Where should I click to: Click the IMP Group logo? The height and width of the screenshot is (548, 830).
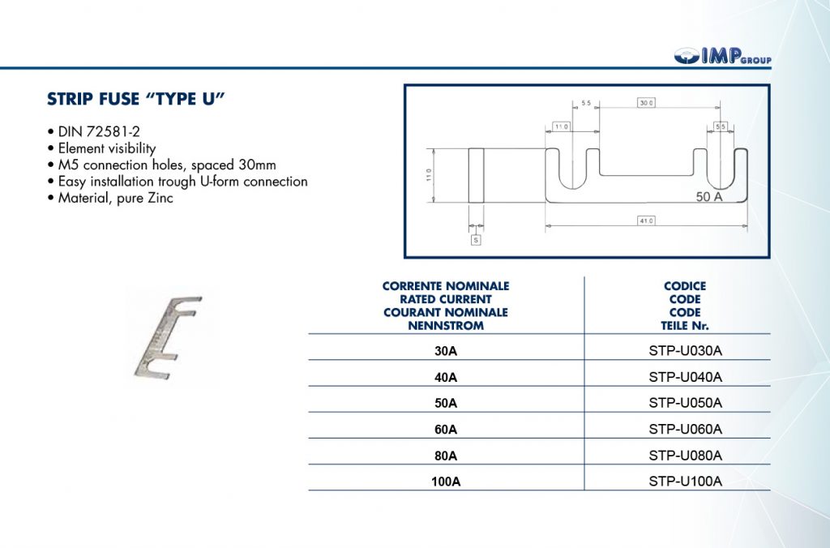(x=721, y=56)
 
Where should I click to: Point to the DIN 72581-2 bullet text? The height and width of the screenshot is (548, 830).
(x=92, y=131)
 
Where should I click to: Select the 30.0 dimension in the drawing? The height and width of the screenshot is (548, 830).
(x=646, y=103)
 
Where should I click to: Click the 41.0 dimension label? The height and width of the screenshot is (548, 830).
(x=646, y=220)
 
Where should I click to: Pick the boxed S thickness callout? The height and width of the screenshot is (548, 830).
(x=476, y=240)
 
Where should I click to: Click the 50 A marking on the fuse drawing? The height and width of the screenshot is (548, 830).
(x=708, y=196)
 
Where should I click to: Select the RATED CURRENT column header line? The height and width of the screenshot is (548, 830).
(x=446, y=299)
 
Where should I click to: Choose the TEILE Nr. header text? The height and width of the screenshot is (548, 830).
(x=685, y=325)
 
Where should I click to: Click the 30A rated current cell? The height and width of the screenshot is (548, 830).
(x=446, y=352)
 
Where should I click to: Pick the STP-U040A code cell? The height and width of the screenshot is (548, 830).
(x=685, y=377)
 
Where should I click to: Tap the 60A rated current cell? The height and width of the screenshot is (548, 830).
(x=446, y=429)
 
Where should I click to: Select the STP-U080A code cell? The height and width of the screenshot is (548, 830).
(x=685, y=455)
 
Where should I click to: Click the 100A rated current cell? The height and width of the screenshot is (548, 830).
(x=446, y=482)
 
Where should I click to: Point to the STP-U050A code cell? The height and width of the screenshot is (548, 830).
(x=685, y=403)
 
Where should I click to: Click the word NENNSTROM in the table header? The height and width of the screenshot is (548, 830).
(x=446, y=325)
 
